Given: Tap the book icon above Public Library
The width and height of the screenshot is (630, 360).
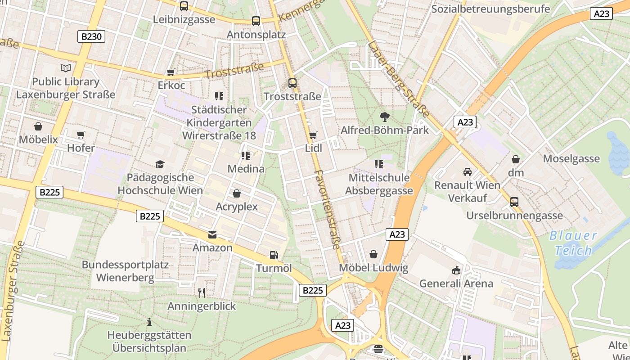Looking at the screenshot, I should coord(66,68).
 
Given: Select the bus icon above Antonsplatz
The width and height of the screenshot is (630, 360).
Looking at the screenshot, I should coord(256,21).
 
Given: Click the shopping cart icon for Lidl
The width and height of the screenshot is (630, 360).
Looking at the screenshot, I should coord(313,135).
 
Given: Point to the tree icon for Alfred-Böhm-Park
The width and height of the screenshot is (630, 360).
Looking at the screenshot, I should coord(384,117).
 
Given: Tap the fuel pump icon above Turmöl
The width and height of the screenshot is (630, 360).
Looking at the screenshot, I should coord(274,255).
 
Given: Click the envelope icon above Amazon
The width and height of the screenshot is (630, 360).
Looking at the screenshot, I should coord(212,234).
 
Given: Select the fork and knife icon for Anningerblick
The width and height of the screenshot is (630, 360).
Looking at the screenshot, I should coord(202,293).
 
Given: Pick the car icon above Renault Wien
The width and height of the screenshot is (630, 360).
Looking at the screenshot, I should coord(467,172).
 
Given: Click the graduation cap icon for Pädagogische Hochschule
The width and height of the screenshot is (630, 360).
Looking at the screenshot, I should coord(160,164).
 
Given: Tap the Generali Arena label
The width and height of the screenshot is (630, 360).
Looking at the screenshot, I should coord(456,283).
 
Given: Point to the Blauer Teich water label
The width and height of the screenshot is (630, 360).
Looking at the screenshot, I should coord(573,243).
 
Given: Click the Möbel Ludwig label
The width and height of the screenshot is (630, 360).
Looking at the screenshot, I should coord(373,268).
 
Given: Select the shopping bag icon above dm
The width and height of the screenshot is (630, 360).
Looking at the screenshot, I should coord(516,159).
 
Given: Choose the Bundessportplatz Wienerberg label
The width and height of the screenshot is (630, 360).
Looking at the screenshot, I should coord(125,271).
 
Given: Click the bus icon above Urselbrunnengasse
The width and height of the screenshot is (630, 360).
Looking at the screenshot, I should coord(514,202).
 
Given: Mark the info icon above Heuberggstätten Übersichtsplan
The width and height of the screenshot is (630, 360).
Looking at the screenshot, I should coord(149,322).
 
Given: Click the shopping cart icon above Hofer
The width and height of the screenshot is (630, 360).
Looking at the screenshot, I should coord(81,135).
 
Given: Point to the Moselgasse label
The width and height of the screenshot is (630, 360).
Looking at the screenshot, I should coord(571,158).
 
